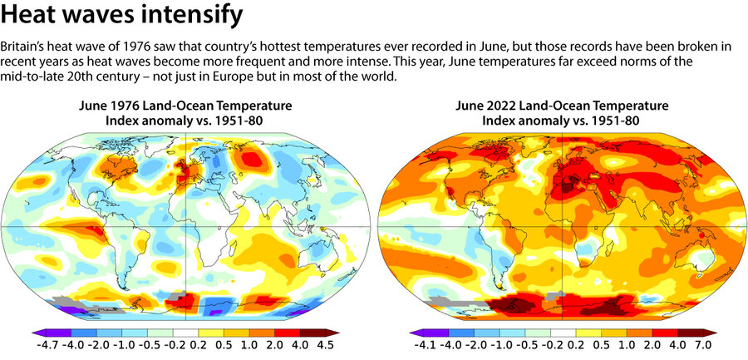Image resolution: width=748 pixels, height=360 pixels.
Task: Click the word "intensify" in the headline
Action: (x=184, y=14)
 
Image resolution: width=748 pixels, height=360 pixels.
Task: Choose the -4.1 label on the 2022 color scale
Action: (x=421, y=343)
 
